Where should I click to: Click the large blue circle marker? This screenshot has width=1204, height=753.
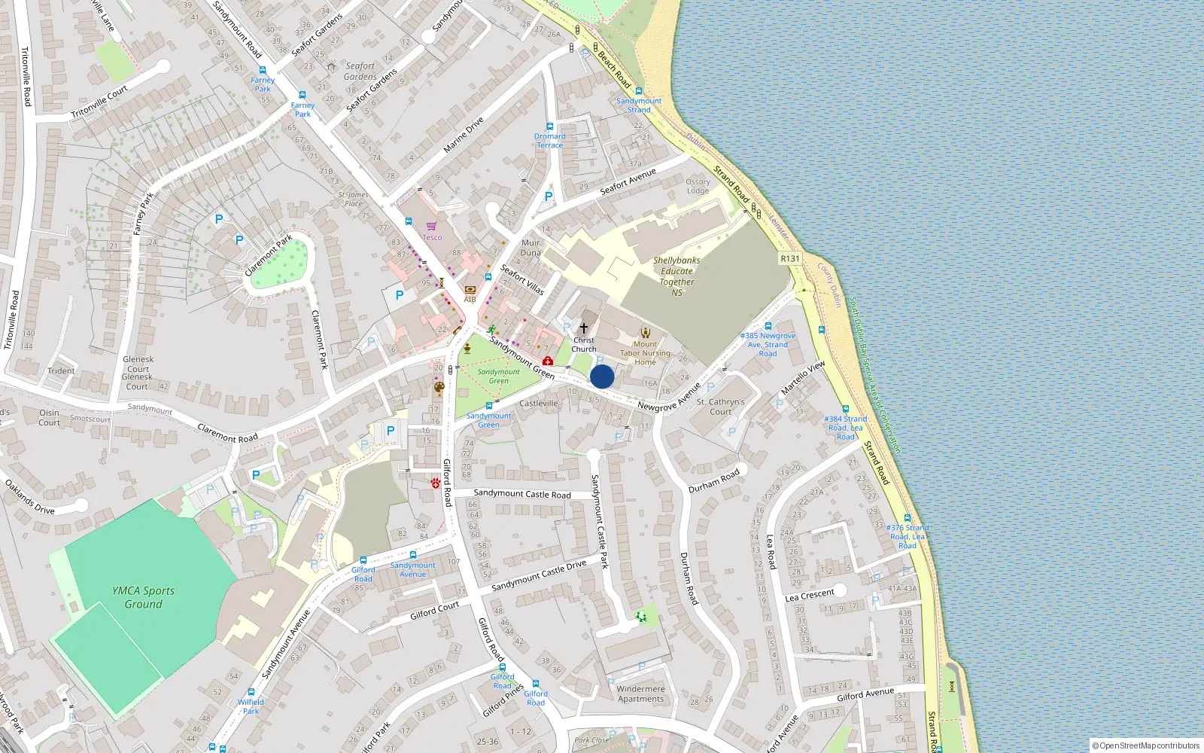coord(602,376)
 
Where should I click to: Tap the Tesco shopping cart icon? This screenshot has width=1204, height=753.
coord(431,226)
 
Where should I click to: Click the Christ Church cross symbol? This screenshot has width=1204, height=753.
coord(583,328)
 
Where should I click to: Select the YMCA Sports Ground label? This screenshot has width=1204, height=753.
coord(143,597)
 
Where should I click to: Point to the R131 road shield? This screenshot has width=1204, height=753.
coord(790,258)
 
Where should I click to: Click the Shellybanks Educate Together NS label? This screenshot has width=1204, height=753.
coord(676,276)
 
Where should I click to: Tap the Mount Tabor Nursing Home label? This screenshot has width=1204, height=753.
coord(645,353)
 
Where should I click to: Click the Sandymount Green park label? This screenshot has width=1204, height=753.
coord(498,376)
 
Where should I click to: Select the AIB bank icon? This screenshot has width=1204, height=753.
coord(470,290)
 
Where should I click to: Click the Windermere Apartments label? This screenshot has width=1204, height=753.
coord(640,694)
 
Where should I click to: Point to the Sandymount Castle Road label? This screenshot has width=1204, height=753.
coord(522,494)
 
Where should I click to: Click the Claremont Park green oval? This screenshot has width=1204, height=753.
coord(280,264)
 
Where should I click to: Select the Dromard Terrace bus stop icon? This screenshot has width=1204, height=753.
coord(549,127)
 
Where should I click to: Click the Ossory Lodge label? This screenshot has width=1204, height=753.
coord(698,186)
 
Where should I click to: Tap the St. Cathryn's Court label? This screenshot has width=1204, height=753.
coord(720,407)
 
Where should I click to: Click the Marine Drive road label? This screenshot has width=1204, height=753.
coord(464,136)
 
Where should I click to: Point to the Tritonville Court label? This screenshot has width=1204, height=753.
coord(99,102)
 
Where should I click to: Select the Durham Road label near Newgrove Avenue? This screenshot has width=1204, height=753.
coord(714,480)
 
